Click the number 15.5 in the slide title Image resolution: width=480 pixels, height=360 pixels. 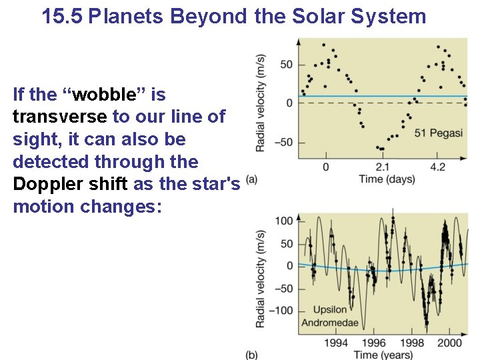[62, 16]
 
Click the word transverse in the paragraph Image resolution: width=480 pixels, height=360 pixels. [59, 117]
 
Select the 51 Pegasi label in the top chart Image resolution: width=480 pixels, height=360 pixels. [438, 133]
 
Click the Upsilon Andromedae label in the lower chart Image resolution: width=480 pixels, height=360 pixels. [329, 317]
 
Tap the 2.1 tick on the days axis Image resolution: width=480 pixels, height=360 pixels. [383, 167]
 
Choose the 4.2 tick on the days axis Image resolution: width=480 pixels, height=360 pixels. [437, 167]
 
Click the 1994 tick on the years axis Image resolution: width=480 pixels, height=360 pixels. [336, 343]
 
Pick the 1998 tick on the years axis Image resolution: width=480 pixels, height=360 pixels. [412, 343]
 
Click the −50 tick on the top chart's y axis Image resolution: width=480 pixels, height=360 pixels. [283, 142]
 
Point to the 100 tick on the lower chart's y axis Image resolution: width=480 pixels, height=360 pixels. [284, 221]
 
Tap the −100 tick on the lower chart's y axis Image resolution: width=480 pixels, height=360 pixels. [281, 311]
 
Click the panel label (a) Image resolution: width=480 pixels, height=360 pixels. [251, 179]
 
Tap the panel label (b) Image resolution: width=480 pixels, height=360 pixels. [251, 355]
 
